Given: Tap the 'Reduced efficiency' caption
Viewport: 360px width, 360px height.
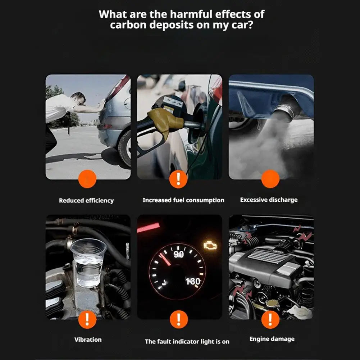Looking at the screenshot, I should coord(86,200).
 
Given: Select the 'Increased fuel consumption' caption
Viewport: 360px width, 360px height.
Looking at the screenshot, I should coord(183,200).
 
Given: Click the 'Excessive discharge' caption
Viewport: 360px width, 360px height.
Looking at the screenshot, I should coord(269,200).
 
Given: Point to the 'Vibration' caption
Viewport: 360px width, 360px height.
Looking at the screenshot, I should coord(88,339).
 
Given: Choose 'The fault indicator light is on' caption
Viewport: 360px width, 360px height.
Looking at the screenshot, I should coord(187,341).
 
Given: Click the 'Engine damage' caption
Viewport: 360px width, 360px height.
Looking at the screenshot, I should coord(272,339).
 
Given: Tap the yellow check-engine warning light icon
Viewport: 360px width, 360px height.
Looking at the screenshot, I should coord(210,245).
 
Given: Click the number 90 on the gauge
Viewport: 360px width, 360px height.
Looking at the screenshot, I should coord(178,254).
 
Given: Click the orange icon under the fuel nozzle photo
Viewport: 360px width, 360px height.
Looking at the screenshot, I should coord(179,179).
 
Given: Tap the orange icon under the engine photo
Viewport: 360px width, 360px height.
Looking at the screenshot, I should coord(270,319).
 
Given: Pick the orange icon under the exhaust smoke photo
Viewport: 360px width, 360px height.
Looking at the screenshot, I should coord(270,179).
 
